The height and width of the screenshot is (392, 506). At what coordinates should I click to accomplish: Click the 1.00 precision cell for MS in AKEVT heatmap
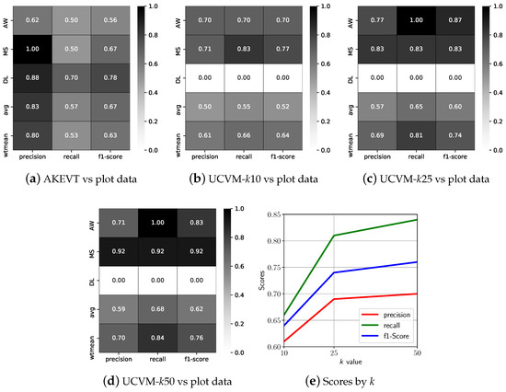coord(33,47)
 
